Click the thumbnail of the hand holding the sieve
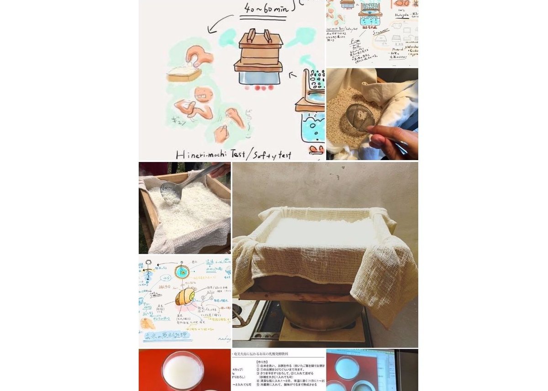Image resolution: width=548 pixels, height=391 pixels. pyautogui.click(x=372, y=114)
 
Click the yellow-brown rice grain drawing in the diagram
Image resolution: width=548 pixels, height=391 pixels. pyautogui.click(x=185, y=297)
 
